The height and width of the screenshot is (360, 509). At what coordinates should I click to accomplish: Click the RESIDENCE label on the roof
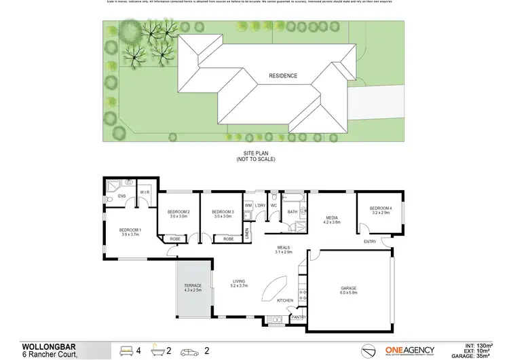[282, 76]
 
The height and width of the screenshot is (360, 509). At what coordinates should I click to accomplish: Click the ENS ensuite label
[122, 197]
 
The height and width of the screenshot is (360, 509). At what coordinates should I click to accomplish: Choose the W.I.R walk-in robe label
[145, 192]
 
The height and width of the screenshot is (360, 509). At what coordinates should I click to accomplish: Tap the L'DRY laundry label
[261, 204]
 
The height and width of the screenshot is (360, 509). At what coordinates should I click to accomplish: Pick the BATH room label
[293, 211]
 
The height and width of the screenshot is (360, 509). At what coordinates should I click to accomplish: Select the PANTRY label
[299, 317]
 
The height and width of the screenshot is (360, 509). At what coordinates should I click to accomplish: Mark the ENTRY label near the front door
[371, 242]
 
